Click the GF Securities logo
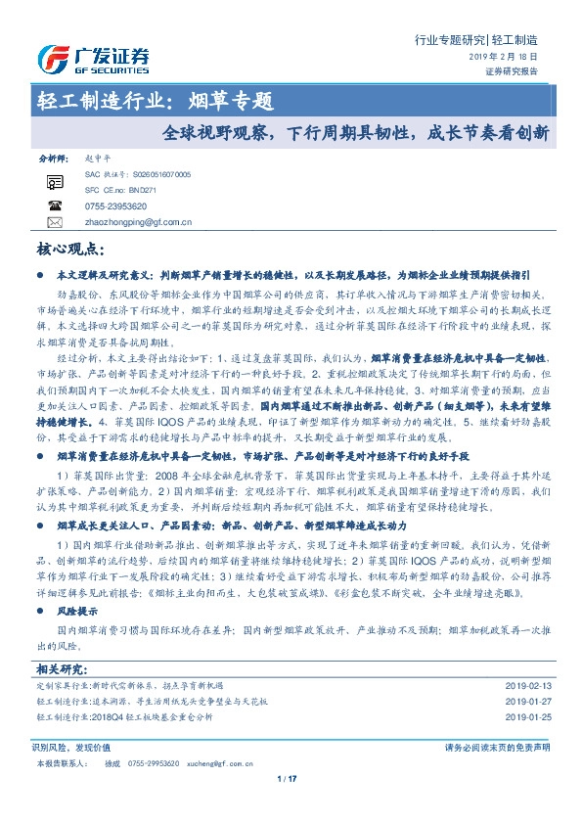coord(93,60)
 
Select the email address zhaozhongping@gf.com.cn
coord(139,222)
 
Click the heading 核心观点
coord(71,251)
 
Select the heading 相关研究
coord(61,668)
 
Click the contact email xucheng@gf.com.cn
coord(208,761)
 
